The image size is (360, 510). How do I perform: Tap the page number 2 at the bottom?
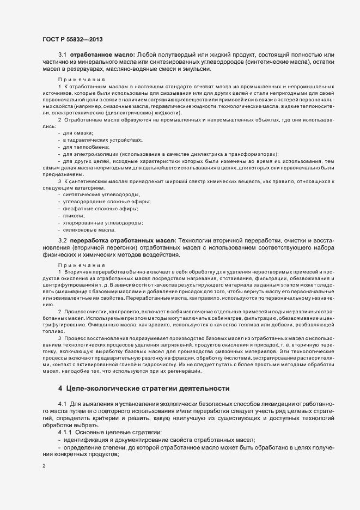(x=44, y=466)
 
